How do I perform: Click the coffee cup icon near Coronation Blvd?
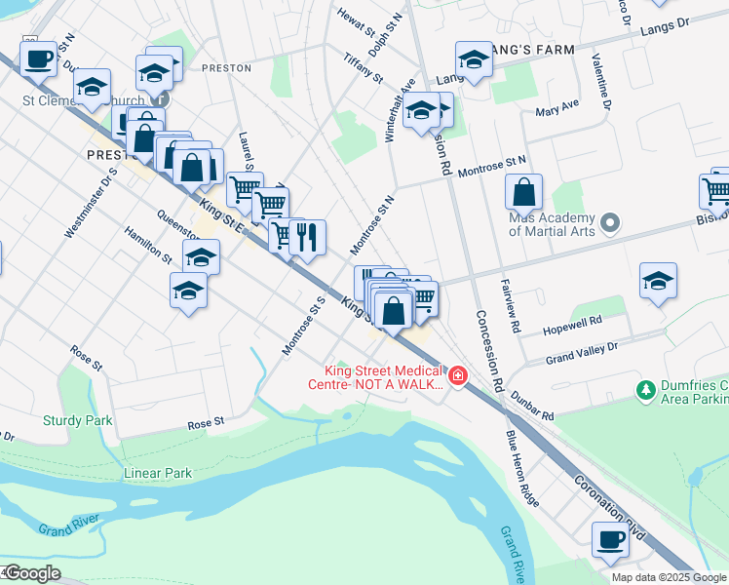click(611, 539)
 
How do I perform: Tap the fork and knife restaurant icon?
click(308, 237)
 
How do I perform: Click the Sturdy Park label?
click(78, 420)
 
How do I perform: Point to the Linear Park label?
click(158, 473)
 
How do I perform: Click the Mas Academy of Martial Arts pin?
click(611, 224)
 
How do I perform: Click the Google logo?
click(32, 573)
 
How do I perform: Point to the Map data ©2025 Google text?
click(669, 577)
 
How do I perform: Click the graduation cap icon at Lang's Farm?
click(474, 58)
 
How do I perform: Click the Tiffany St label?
click(364, 67)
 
